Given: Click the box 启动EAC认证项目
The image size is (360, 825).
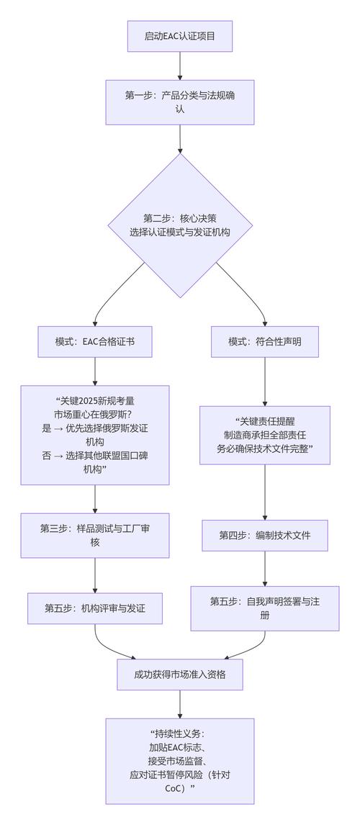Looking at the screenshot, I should click(x=179, y=36).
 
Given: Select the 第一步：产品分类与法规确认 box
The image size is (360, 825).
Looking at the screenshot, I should click(x=179, y=102).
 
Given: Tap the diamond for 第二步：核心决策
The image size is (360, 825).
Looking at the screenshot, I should click(x=179, y=225).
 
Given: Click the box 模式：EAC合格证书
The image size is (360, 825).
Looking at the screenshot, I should click(x=95, y=342).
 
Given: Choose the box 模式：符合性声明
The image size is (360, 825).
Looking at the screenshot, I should click(x=265, y=342).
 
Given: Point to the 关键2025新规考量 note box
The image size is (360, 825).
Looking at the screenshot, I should click(x=95, y=435).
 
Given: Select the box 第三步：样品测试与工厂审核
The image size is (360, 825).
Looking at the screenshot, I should click(x=95, y=535).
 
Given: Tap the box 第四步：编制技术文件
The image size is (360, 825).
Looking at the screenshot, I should click(x=265, y=536).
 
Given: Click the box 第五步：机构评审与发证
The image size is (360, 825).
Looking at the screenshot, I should click(x=95, y=608).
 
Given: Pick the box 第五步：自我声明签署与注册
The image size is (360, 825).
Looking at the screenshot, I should click(x=265, y=608).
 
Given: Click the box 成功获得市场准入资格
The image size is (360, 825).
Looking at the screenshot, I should click(x=179, y=675).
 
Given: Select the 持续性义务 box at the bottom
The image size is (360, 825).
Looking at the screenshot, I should click(x=179, y=760).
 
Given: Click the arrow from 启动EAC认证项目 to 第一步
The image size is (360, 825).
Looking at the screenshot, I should click(x=179, y=66).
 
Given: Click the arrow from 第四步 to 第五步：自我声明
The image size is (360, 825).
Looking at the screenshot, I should click(x=265, y=569).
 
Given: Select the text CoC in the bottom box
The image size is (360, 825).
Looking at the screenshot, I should click(x=174, y=788).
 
